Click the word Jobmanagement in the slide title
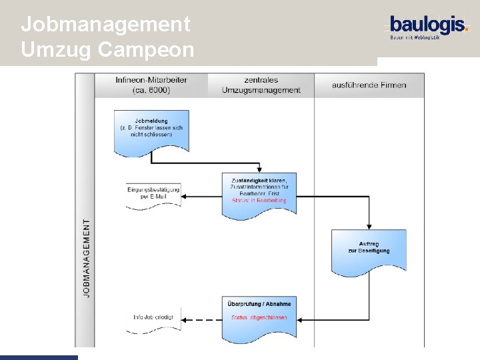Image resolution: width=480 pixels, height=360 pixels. (x=105, y=25)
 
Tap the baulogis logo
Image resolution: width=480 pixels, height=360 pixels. (x=429, y=27)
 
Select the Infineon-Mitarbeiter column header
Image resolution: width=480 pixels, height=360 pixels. (x=151, y=85)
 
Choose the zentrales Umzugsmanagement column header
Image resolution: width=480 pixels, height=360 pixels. (x=261, y=85)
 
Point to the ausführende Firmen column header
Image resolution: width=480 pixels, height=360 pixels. (x=369, y=85)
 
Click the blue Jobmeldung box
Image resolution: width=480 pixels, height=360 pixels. (x=151, y=129)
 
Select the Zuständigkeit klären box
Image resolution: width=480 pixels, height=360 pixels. (x=259, y=192)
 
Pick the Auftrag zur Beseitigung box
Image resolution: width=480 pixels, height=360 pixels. (x=368, y=251)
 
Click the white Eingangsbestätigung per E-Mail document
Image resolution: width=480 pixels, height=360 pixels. (x=153, y=194)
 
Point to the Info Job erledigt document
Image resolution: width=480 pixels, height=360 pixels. (x=153, y=318)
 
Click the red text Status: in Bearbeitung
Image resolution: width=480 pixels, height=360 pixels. (x=259, y=200)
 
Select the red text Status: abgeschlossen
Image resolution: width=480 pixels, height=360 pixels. (x=259, y=317)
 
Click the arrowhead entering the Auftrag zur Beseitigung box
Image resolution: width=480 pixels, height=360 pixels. (x=369, y=227)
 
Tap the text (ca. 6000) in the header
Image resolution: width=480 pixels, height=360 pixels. (x=151, y=91)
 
